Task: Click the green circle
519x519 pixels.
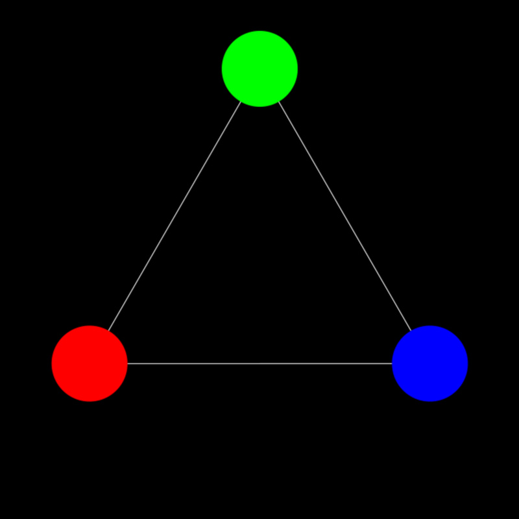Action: tap(259, 69)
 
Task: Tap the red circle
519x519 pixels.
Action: tap(90, 363)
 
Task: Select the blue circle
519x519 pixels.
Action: tap(430, 363)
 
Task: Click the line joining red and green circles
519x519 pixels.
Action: tap(175, 216)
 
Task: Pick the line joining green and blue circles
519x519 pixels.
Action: tap(344, 216)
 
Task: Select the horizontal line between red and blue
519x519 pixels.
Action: tap(259, 363)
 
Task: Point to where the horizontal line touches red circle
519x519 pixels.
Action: tap(128, 363)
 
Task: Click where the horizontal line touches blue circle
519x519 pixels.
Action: tap(392, 363)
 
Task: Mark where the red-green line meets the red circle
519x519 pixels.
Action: tap(108, 331)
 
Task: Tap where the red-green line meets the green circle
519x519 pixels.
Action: tap(241, 102)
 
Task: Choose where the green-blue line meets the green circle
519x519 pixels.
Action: tap(278, 102)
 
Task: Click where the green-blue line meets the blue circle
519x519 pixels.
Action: tap(411, 331)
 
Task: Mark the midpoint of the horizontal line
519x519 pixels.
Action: tap(259, 363)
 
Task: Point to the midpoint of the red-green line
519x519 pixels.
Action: tap(175, 216)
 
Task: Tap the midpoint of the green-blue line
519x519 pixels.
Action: tap(344, 216)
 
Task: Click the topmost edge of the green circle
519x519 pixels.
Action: tap(259, 31)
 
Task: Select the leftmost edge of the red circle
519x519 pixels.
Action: tap(52, 363)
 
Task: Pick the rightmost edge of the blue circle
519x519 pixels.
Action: tap(468, 363)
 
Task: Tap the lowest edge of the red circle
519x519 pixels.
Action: tap(90, 401)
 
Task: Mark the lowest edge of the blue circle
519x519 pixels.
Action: tap(430, 401)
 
